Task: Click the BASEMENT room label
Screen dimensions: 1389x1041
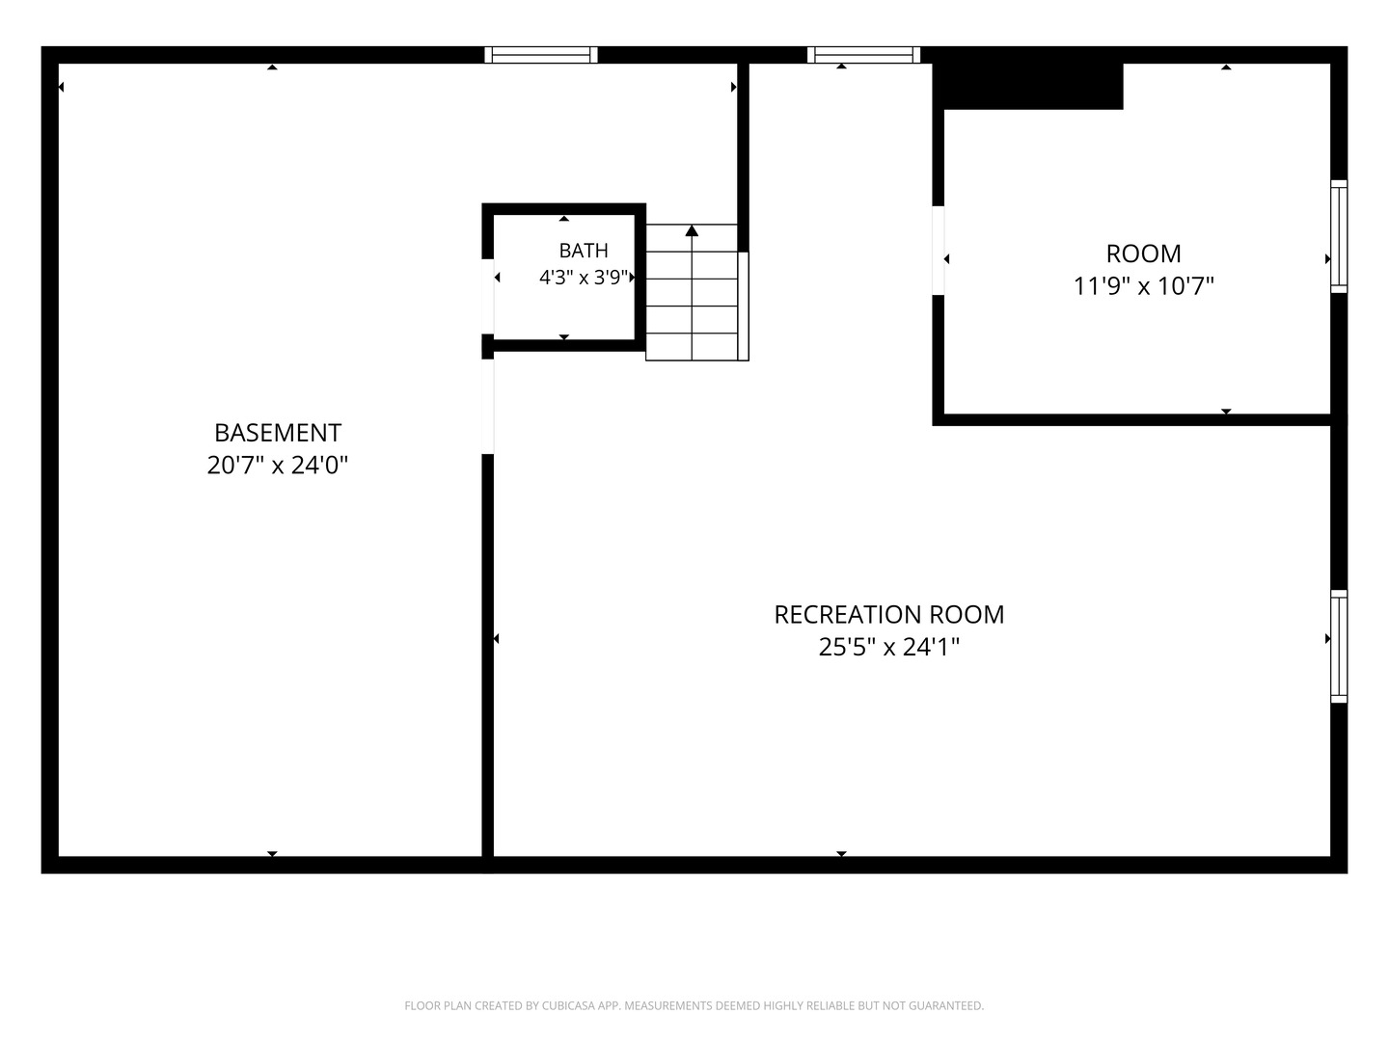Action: [278, 433]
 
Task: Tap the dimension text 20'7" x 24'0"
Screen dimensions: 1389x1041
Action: [278, 466]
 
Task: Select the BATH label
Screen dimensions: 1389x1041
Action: [584, 251]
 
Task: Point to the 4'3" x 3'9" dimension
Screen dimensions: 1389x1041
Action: [584, 278]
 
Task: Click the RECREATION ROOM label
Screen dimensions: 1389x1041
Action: [889, 615]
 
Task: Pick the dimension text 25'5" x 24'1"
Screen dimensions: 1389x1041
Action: [889, 647]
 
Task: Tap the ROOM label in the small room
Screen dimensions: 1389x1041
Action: [1143, 254]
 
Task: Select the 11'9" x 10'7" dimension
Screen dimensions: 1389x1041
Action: [1143, 286]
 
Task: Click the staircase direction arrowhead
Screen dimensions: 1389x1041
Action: [692, 231]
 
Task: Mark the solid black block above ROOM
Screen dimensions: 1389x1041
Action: [1027, 86]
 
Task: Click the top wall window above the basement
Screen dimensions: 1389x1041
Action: [541, 55]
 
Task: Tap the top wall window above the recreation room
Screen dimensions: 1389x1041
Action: [863, 55]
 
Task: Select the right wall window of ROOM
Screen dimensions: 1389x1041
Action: [1339, 236]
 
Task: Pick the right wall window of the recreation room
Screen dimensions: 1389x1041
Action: [1339, 646]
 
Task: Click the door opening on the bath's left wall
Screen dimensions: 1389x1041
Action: [488, 297]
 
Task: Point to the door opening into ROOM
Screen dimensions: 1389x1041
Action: [939, 251]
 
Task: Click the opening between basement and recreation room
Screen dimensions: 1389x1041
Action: [488, 407]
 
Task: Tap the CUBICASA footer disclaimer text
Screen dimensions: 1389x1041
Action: [694, 1005]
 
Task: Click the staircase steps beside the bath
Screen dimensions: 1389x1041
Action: [692, 293]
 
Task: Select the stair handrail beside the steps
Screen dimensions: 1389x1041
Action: [744, 307]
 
